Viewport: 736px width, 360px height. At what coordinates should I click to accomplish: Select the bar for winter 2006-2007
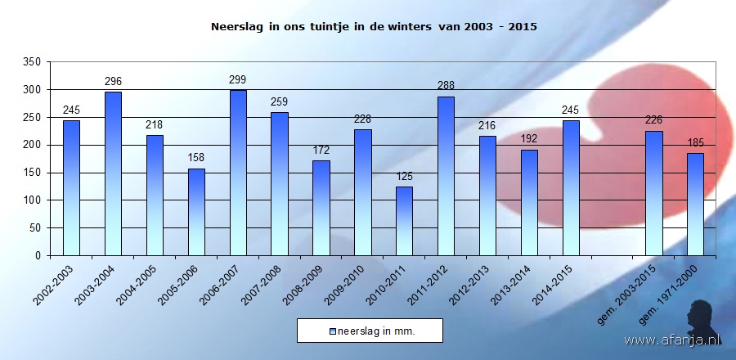pos(238,173)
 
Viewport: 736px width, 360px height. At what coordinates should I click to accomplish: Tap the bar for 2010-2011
pos(404,221)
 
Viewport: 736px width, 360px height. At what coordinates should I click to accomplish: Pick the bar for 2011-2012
pos(446,176)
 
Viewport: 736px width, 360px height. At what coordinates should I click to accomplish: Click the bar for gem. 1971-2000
pos(695,205)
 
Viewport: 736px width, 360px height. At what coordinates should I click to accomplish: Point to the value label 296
pos(113,81)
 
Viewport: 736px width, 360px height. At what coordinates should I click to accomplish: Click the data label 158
pos(196,158)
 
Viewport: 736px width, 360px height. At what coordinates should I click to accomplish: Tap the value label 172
pos(321,151)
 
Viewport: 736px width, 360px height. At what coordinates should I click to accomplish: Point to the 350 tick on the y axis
pos(33,62)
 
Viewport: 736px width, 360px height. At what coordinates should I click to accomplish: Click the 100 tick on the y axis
pos(33,200)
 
